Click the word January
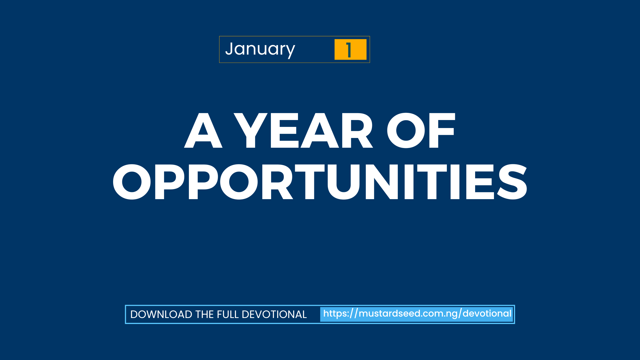point(260,49)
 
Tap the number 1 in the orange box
point(349,50)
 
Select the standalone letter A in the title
point(203,131)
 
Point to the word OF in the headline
point(421,131)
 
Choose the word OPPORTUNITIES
point(320,182)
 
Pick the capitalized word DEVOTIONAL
point(274,315)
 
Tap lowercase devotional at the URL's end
point(487,314)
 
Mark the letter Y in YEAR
point(251,131)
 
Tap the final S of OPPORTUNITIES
point(512,182)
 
